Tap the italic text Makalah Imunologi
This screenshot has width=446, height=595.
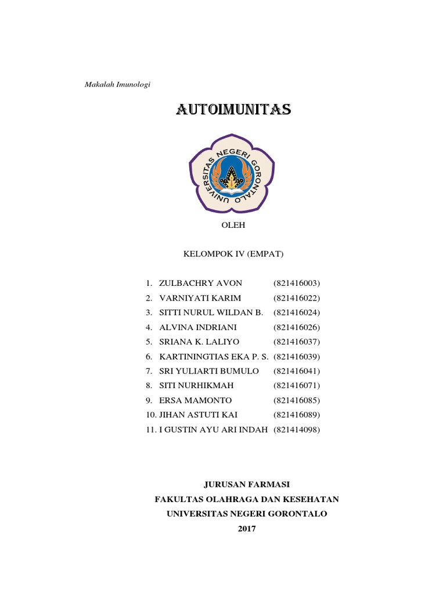click(118, 85)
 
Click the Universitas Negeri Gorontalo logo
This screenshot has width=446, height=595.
click(232, 174)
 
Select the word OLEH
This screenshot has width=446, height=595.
click(233, 225)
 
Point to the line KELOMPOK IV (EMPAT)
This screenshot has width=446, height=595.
click(233, 254)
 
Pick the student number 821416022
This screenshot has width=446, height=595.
click(296, 298)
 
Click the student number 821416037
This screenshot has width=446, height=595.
click(296, 342)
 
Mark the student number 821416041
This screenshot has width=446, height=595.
click(296, 371)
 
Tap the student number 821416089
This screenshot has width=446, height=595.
click(296, 415)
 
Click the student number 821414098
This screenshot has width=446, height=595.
click(296, 430)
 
